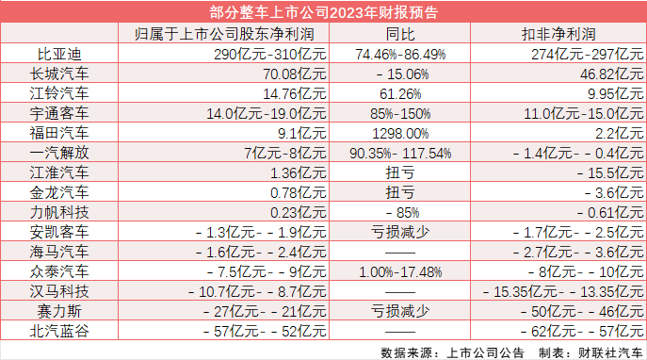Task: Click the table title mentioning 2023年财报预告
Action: (x=323, y=12)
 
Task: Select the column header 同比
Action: (x=402, y=34)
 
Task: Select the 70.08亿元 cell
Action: (x=294, y=73)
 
